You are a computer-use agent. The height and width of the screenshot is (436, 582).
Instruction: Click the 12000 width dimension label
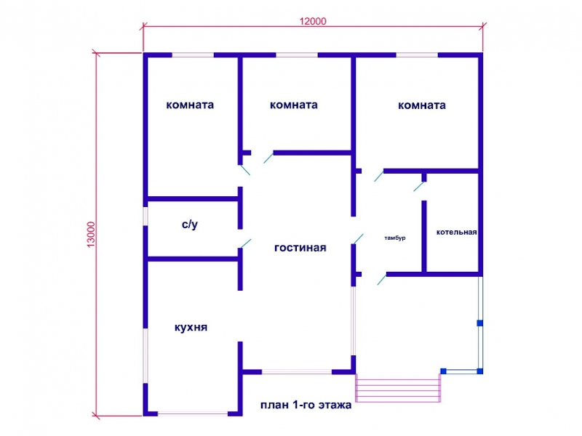[x=313, y=21]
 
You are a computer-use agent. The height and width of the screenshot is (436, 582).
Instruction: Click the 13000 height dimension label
[x=91, y=234]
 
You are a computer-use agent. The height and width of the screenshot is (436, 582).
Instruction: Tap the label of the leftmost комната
[x=190, y=105]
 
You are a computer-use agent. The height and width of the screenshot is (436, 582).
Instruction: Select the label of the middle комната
[x=294, y=105]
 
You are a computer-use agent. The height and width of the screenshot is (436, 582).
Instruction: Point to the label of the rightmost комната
[x=422, y=105]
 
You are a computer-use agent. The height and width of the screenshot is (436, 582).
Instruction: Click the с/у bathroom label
[x=190, y=225]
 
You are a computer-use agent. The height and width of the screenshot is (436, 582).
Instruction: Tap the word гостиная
[x=300, y=248]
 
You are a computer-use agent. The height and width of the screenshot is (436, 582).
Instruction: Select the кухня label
[x=191, y=328]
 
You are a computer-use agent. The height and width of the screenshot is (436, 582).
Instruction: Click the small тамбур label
[x=395, y=238]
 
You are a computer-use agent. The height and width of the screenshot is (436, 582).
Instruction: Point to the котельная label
[x=457, y=233]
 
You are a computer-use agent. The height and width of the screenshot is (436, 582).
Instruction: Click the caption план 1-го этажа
[x=306, y=405]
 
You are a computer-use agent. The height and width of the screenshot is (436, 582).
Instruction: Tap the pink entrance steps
[x=398, y=388]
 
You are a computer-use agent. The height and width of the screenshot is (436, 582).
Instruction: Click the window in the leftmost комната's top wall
[x=193, y=55]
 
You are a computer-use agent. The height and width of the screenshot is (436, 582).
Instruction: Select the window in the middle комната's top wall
[x=297, y=55]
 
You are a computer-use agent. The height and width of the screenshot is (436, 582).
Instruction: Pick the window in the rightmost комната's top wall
[x=417, y=55]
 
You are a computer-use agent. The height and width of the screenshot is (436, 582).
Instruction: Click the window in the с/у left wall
[x=145, y=216]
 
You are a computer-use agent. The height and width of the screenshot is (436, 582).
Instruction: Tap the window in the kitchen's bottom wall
[x=193, y=413]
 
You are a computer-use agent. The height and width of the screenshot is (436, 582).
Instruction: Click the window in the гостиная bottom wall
[x=297, y=371]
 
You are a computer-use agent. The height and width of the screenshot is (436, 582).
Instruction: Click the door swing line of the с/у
[x=246, y=243]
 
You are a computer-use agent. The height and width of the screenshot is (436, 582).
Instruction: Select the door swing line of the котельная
[x=419, y=186]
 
